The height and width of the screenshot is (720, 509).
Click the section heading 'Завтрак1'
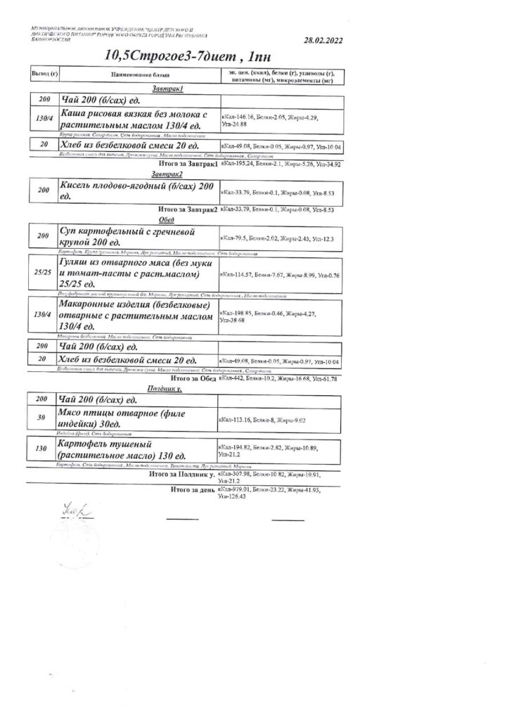[167, 89]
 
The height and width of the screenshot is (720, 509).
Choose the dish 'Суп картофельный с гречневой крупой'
[126, 237]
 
